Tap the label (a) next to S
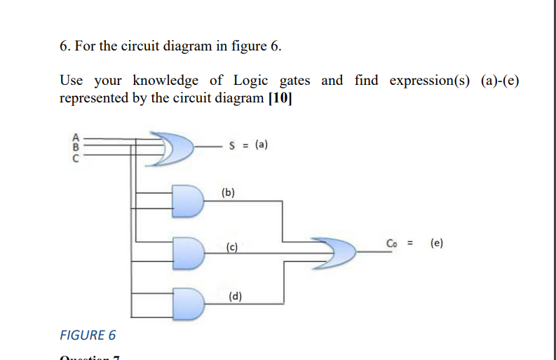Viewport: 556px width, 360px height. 261,146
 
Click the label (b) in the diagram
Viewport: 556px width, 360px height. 229,191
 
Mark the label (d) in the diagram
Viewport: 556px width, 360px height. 236,296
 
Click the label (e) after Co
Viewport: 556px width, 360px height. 437,244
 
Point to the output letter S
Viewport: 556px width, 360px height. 233,146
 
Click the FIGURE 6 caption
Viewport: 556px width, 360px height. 88,335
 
